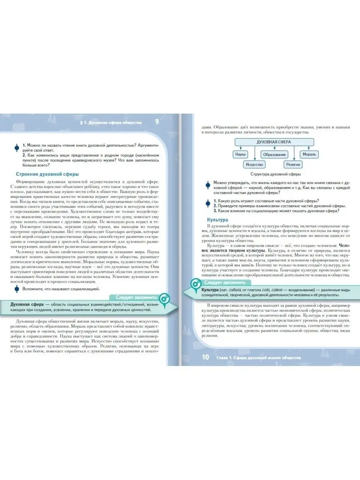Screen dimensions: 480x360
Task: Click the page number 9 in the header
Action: [156, 122]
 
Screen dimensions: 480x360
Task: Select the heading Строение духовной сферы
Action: [47, 174]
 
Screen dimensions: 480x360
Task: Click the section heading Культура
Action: [217, 220]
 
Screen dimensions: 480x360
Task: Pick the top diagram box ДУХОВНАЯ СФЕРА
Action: [274, 142]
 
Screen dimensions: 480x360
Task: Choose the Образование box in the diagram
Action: [274, 154]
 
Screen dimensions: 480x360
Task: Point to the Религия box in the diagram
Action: [293, 164]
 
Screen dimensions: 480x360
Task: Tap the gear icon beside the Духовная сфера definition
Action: [164, 298]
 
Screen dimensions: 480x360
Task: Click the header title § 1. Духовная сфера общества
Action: [114, 122]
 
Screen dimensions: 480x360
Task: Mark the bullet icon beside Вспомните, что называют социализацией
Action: [17, 289]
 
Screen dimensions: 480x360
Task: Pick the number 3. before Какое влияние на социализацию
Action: [215, 211]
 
